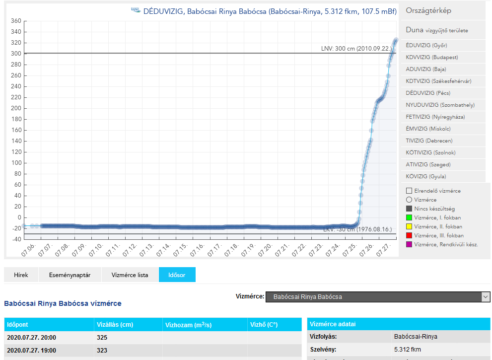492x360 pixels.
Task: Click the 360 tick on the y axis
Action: pyautogui.click(x=15, y=21)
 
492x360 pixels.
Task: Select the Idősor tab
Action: pyautogui.click(x=177, y=275)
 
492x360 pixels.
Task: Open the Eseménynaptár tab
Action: pyautogui.click(x=70, y=275)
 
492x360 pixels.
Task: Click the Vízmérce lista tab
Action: pyautogui.click(x=130, y=275)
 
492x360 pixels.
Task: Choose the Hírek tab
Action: pyautogui.click(x=21, y=275)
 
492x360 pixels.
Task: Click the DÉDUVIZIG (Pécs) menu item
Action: pyautogui.click(x=428, y=93)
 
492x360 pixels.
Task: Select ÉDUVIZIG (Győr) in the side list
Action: pyautogui.click(x=426, y=45)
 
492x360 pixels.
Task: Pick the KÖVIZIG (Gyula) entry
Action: pyautogui.click(x=426, y=176)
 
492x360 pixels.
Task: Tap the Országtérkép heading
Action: pyautogui.click(x=428, y=11)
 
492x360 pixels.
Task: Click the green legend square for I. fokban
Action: pyautogui.click(x=409, y=217)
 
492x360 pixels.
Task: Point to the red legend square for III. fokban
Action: pyautogui.click(x=409, y=235)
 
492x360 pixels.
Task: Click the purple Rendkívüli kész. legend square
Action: pyautogui.click(x=409, y=244)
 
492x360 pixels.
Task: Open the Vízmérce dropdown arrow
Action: pyautogui.click(x=486, y=297)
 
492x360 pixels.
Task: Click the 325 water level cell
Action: pyautogui.click(x=102, y=338)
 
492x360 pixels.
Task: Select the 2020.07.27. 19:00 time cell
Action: pyautogui.click(x=32, y=351)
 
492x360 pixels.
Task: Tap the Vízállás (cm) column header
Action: pyautogui.click(x=115, y=325)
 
